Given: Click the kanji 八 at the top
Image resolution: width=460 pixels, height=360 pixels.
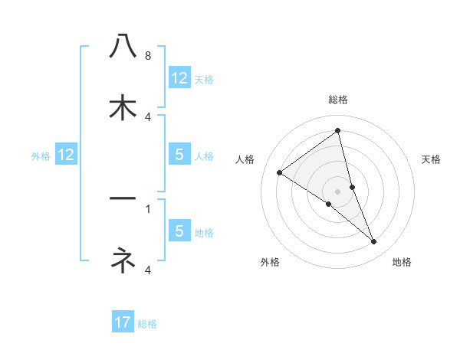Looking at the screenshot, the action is tap(123, 45).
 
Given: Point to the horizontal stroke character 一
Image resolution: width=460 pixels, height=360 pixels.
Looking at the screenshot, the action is tap(123, 198).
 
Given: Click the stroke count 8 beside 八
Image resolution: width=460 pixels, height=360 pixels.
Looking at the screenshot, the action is tap(148, 56).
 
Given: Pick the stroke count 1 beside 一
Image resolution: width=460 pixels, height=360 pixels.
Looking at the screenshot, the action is tap(148, 208).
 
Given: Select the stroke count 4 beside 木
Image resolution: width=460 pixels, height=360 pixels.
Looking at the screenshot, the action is tap(148, 116).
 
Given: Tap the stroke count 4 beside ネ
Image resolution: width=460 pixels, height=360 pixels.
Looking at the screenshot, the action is tap(148, 270).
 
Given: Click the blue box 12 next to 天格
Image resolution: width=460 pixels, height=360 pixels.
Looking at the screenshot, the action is tap(179, 78).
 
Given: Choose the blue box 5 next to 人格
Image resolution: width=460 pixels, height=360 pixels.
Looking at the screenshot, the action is tap(179, 155).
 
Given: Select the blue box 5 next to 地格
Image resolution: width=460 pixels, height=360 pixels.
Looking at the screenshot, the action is tap(179, 231).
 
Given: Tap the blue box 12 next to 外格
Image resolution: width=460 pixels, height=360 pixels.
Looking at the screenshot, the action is tap(66, 155).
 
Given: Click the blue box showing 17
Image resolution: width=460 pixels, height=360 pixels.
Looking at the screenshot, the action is tap(123, 322).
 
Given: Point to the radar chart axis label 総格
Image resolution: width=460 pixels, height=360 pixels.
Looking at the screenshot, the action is tap(338, 100).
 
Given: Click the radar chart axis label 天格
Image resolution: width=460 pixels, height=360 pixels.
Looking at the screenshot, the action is tap(432, 159).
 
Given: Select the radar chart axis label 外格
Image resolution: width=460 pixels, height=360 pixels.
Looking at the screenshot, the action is tap(270, 262).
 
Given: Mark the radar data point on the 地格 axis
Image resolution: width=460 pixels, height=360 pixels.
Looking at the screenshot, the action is tap(374, 242).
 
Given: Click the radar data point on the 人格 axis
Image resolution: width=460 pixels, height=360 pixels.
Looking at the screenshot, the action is tap(279, 172).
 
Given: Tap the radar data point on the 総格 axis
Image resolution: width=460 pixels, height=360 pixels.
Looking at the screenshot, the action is tap(338, 131).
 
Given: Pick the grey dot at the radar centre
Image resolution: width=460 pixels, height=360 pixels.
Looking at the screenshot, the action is tap(338, 191).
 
